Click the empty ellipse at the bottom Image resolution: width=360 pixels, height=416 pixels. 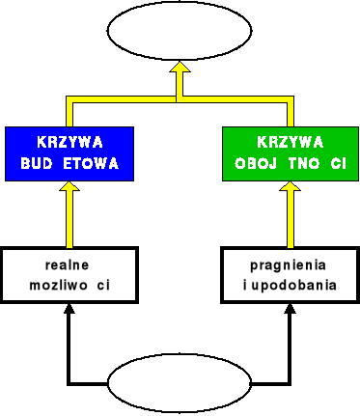tap(179, 384)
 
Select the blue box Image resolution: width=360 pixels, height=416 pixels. tap(69, 153)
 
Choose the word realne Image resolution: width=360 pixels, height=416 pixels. tap(68, 264)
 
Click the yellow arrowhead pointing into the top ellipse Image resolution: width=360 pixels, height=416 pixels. tap(179, 71)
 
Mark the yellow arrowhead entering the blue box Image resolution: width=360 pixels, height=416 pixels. tap(69, 194)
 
